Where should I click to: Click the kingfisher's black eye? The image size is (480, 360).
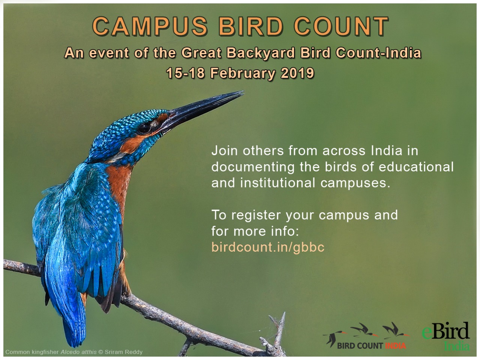click(x=144, y=128)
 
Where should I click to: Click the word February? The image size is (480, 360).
click(x=243, y=73)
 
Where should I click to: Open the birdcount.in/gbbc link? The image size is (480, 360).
click(x=268, y=247)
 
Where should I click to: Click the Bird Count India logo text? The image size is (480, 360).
click(x=372, y=346)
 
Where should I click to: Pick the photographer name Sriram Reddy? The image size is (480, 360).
click(x=123, y=352)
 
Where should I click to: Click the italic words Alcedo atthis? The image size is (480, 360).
click(x=78, y=352)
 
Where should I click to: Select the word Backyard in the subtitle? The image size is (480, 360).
click(x=260, y=53)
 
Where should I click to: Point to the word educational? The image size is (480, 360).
click(x=416, y=167)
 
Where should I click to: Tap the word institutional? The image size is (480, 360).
click(x=277, y=183)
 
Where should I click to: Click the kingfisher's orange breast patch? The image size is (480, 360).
click(x=119, y=186)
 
